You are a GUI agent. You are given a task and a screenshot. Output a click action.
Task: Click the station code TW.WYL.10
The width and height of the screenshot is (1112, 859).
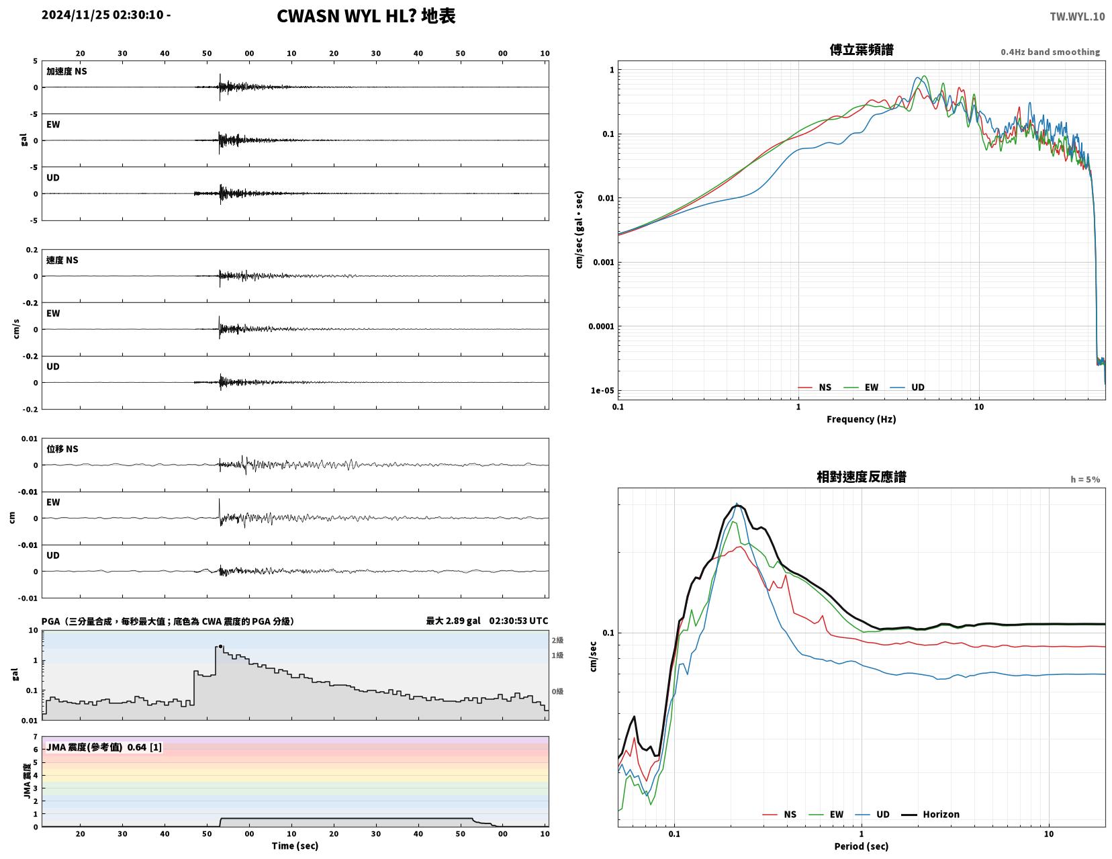[x=1077, y=16]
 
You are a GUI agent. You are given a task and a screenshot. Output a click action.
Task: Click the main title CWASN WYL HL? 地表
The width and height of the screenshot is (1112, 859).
[x=366, y=16]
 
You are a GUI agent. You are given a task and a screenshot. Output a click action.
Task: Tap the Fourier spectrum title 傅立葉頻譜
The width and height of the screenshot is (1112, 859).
[x=862, y=50]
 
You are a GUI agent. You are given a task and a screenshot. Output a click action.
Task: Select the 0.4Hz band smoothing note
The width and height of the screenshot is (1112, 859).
[x=1050, y=52]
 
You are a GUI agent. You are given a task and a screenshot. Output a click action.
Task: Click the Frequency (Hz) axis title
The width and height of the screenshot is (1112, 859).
[x=862, y=419]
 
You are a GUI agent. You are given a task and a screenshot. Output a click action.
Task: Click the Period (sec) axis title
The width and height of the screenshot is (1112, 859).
[x=862, y=846]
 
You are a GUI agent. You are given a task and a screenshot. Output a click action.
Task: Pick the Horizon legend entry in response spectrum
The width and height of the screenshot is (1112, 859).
[x=930, y=815]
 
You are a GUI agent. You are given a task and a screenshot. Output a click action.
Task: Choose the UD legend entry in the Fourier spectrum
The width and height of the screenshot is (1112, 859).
[x=907, y=388]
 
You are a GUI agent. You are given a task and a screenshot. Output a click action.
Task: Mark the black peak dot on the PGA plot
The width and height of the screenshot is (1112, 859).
[x=220, y=647]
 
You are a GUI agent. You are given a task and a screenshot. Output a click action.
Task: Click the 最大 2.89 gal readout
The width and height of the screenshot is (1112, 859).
[x=453, y=621]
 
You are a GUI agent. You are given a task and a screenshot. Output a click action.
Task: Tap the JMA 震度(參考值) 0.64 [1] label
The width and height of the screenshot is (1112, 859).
[x=104, y=747]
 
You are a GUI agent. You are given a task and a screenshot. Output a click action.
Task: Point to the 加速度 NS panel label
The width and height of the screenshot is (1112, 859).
[x=66, y=71]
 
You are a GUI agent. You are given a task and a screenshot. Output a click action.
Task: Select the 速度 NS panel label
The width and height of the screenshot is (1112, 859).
[x=62, y=260]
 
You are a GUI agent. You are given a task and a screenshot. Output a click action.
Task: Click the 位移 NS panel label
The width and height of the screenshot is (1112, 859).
[x=62, y=449]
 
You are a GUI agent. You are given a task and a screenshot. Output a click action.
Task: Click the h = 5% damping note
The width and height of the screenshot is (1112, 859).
[x=1085, y=480]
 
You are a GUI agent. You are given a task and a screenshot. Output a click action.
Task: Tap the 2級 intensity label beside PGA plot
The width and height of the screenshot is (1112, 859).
[x=557, y=640]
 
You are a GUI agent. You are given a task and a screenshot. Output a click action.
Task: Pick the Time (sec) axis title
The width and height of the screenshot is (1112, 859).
[x=295, y=846]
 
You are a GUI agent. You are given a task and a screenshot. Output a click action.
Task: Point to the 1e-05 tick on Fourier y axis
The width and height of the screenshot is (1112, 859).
[x=602, y=390]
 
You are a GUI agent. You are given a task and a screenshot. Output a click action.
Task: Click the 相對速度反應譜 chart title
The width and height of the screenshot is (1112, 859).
[x=862, y=477]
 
